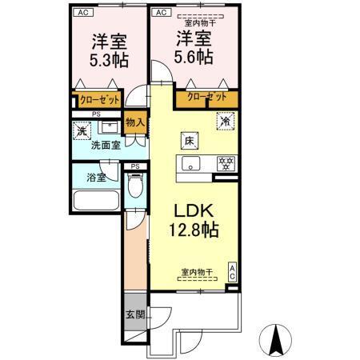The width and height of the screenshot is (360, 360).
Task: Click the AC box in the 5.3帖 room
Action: tap(83, 13)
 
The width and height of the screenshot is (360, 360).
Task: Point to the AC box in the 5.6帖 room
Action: tap(160, 13)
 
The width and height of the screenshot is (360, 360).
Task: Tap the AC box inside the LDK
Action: tap(232, 271)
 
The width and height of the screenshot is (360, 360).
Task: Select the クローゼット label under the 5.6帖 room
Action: tap(206, 96)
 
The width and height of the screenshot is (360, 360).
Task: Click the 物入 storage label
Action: tap(135, 122)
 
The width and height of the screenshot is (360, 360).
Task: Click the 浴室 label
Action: tap(97, 177)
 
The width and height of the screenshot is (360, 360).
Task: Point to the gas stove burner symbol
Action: tap(226, 163)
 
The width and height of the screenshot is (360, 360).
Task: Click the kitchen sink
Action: tap(190, 164)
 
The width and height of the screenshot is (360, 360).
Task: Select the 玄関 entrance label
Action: tap(134, 314)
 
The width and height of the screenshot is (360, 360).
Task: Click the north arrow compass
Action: tap(277, 341)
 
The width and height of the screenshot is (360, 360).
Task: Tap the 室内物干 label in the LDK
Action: tap(196, 272)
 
